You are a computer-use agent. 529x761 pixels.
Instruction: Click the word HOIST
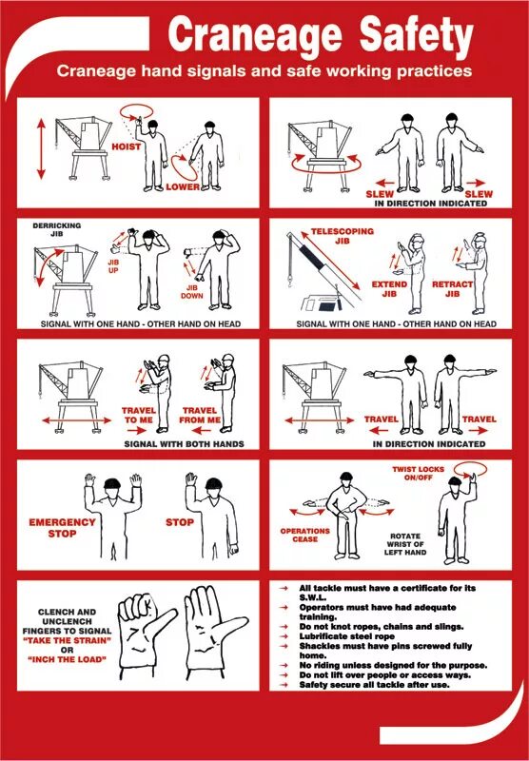(x=127, y=146)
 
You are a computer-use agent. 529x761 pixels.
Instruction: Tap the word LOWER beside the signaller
(x=183, y=186)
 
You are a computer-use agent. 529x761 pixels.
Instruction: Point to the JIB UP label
(x=113, y=266)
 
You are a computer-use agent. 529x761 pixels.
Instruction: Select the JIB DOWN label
(x=191, y=292)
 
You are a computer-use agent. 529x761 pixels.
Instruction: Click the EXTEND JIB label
(x=389, y=289)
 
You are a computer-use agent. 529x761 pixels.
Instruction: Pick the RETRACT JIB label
(x=452, y=289)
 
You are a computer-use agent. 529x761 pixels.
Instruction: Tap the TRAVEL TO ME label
(x=139, y=415)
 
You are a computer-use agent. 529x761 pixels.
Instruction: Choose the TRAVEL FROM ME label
(x=200, y=415)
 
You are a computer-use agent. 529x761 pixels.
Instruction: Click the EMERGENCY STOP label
(x=62, y=528)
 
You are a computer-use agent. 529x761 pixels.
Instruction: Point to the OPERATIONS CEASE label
(x=304, y=535)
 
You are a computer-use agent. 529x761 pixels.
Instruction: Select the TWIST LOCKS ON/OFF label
(x=418, y=473)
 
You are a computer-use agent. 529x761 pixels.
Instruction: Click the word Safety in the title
(x=417, y=34)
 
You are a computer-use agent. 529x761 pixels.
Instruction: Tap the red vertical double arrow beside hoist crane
(x=41, y=149)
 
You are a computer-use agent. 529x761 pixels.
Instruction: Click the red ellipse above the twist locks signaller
(x=469, y=469)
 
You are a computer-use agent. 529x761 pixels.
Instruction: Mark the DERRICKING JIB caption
(x=57, y=229)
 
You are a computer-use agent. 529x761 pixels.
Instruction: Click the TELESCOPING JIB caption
(x=343, y=236)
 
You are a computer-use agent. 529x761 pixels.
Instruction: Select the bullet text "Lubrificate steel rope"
(x=347, y=636)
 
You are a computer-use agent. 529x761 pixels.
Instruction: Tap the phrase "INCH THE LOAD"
(x=67, y=659)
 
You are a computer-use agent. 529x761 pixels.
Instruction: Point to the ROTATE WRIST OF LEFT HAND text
(x=405, y=544)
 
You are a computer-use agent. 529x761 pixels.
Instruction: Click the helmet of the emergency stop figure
(x=112, y=483)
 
